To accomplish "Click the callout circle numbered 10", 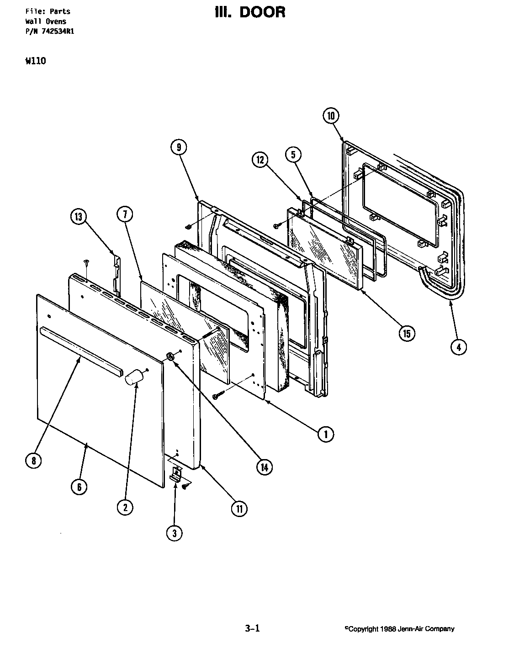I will [x=331, y=116].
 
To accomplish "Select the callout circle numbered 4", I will [x=459, y=347].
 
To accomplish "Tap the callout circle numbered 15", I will [x=406, y=334].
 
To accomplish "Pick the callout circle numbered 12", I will [x=260, y=159].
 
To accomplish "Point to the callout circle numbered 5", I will [x=294, y=155].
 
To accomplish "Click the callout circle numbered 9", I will [x=179, y=147].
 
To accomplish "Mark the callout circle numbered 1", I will [x=326, y=434].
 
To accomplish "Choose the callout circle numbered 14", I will [x=264, y=466].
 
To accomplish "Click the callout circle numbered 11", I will [x=238, y=508].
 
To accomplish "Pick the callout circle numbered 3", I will [x=174, y=533].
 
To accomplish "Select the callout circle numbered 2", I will [x=125, y=507].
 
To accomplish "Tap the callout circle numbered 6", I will [x=79, y=487].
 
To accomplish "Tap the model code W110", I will [x=36, y=61].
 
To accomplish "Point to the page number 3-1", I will [x=252, y=628].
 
